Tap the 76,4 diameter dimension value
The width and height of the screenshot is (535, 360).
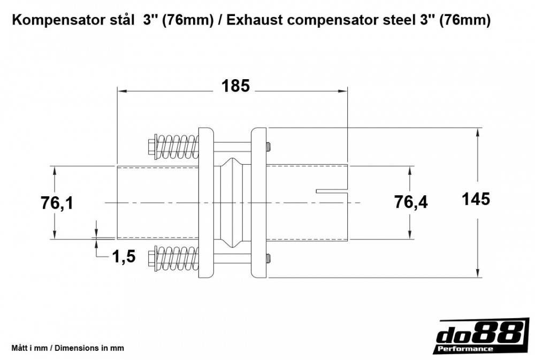[411, 202]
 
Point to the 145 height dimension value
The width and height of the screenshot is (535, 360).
[476, 199]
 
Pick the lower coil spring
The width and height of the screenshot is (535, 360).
[178, 259]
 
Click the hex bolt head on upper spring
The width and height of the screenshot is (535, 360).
[151, 145]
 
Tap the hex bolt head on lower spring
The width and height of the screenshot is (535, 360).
[151, 260]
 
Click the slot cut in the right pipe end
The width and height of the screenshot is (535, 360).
[332, 190]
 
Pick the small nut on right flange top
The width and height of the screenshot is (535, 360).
[268, 145]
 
